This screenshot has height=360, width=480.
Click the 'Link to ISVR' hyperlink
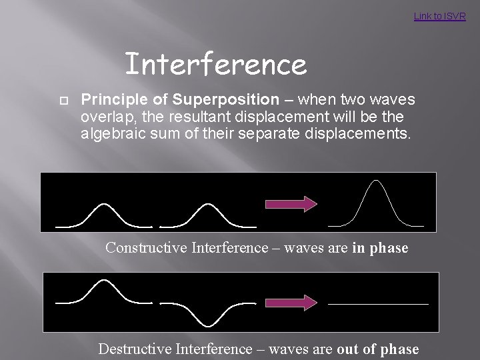(439, 16)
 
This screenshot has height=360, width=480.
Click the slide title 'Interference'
(215, 65)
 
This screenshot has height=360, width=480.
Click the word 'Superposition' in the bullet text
(225, 100)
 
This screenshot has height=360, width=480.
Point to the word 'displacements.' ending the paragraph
(367, 132)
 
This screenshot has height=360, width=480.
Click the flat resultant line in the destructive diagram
(378, 304)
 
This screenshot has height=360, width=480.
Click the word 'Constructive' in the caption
(146, 248)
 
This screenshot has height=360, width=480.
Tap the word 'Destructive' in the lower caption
(136, 349)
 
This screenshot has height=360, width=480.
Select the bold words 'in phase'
(380, 248)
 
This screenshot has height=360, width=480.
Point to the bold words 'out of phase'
(378, 349)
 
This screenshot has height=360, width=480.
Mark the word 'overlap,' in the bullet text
(104, 116)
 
